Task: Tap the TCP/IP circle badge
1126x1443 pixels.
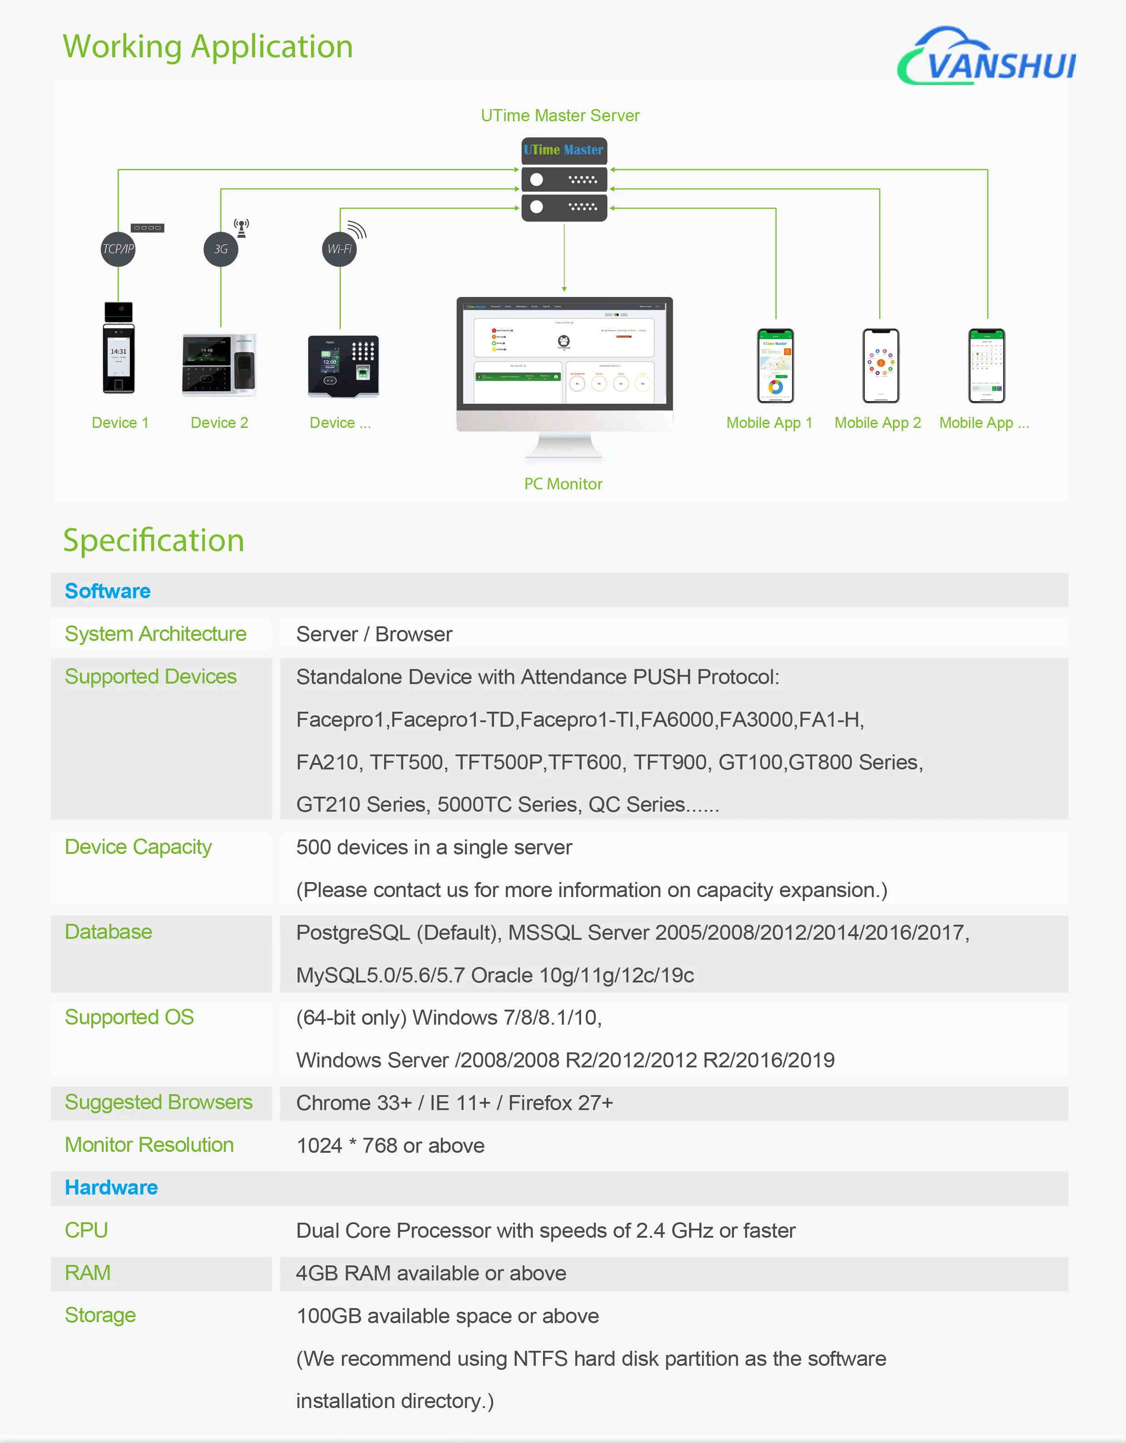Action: coord(118,249)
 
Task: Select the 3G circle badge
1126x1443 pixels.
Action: coord(221,249)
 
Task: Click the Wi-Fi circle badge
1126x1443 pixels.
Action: coord(340,249)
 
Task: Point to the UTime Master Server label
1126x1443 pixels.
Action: coord(560,116)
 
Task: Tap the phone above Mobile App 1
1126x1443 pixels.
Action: coord(775,365)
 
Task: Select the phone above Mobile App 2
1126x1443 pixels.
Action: coord(881,365)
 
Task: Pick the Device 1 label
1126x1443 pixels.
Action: coord(120,423)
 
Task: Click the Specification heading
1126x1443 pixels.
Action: coord(153,541)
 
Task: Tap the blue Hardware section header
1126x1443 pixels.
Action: coord(111,1187)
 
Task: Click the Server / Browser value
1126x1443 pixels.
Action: coord(374,634)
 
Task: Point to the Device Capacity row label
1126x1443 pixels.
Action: coord(138,847)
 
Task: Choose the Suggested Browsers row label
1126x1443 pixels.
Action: coord(158,1102)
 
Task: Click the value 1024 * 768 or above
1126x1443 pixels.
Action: coord(390,1145)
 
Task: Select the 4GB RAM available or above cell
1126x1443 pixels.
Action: coord(430,1273)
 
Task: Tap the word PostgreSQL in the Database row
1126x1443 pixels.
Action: coord(353,932)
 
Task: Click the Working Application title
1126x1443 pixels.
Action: coord(208,47)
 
